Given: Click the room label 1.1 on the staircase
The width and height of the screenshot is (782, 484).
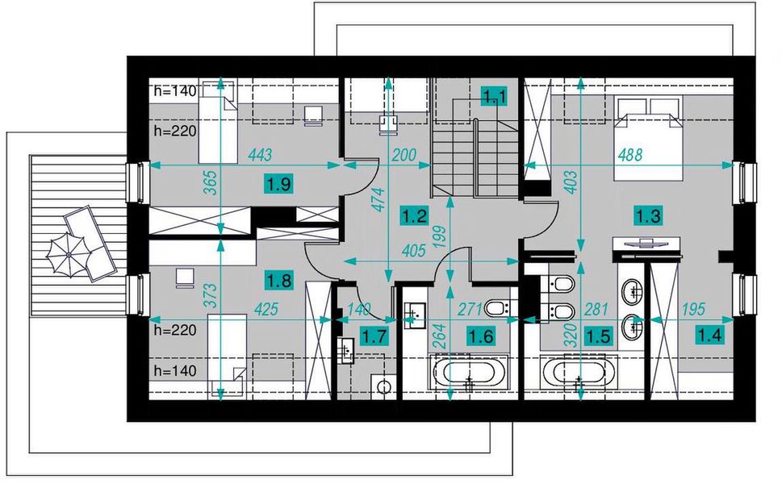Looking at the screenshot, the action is point(494,96).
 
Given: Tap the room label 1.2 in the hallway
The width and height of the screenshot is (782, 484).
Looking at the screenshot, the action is point(415,216).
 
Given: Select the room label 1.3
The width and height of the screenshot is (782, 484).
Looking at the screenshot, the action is point(648,216).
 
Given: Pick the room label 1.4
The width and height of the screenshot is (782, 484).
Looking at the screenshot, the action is point(709,336).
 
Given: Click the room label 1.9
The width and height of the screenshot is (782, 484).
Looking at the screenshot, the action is point(278,185).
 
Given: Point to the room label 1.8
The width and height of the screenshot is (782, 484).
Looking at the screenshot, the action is point(278,280).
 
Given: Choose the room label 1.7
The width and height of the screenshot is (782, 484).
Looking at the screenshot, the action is point(374,336).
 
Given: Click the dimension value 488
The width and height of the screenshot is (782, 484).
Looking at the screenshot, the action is point(630,155).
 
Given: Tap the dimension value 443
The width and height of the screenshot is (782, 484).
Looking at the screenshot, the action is point(260,155).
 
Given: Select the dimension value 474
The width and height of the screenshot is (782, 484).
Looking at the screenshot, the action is point(380,199).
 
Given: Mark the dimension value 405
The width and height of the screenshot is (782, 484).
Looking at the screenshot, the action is point(414,250).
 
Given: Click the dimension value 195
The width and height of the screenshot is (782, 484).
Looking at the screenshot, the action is point(693,310).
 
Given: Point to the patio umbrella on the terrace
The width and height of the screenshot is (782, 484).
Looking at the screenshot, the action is point(69,255).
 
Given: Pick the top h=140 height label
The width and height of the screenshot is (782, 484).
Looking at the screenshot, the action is point(175,90).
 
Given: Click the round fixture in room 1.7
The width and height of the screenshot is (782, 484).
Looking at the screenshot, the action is point(383,386).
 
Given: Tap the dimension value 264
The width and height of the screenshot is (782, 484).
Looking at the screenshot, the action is point(440,336).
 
